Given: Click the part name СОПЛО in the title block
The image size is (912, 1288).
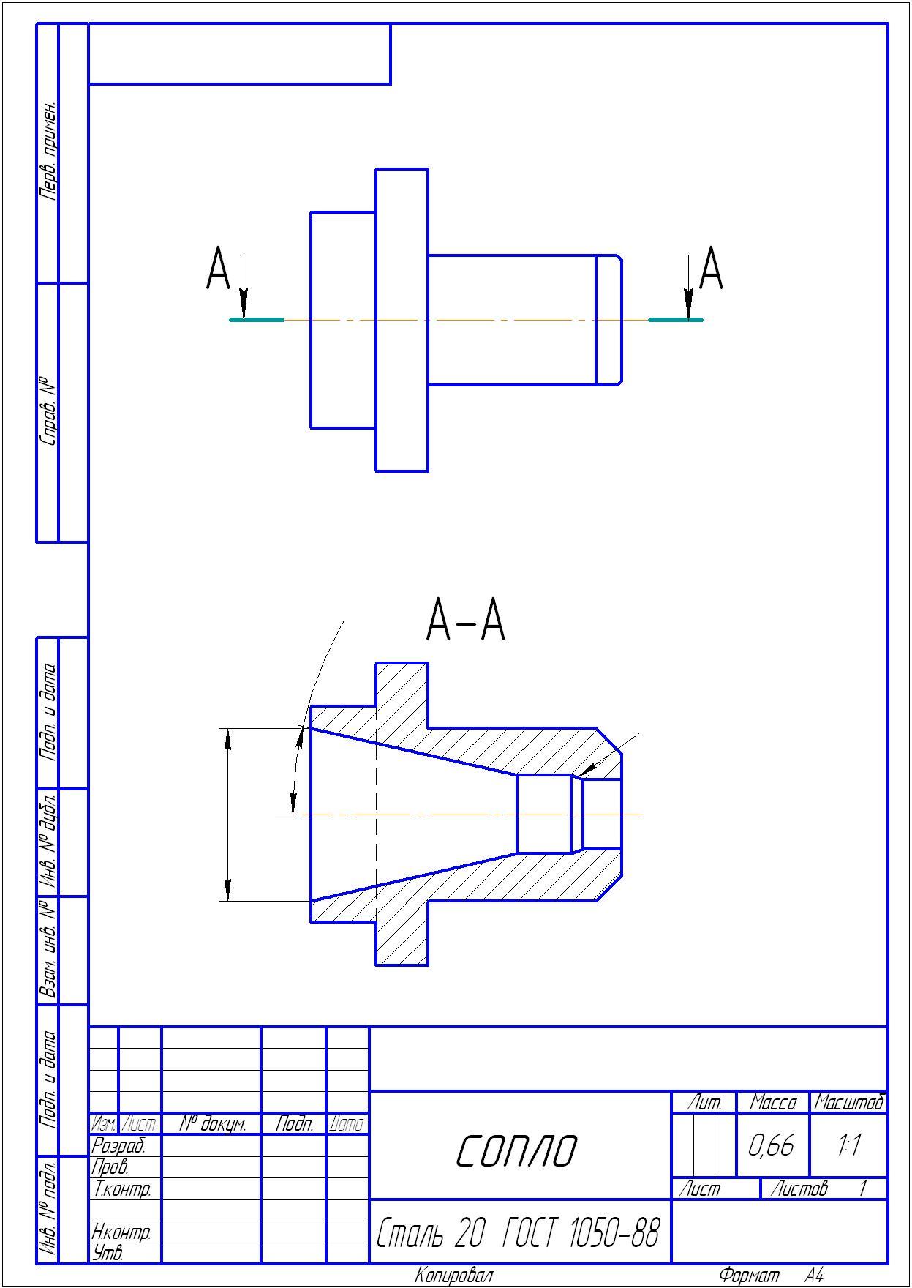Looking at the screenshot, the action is pyautogui.click(x=516, y=1150).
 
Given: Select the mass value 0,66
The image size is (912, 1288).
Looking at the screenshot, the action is pyautogui.click(x=772, y=1145).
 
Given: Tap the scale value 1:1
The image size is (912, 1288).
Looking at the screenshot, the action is pyautogui.click(x=848, y=1145).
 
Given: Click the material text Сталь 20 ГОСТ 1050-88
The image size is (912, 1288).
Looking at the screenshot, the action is pyautogui.click(x=518, y=1232).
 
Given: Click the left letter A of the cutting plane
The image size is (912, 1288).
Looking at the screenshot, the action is pyautogui.click(x=218, y=269).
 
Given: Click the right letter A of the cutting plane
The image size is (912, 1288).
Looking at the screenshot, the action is pyautogui.click(x=711, y=269).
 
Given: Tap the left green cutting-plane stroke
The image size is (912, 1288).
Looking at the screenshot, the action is pyautogui.click(x=257, y=320).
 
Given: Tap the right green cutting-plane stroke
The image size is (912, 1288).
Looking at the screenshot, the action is pyautogui.click(x=676, y=320).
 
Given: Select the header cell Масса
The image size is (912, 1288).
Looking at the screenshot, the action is pyautogui.click(x=772, y=1102).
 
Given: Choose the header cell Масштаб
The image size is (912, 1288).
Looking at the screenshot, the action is pyautogui.click(x=849, y=1102).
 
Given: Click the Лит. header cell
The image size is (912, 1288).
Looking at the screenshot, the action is pyautogui.click(x=704, y=1102).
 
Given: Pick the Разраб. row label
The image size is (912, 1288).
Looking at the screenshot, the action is pyautogui.click(x=118, y=1145).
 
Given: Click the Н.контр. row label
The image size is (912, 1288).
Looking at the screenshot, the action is pyautogui.click(x=121, y=1232).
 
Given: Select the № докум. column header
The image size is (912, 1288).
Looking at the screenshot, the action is pyautogui.click(x=212, y=1123).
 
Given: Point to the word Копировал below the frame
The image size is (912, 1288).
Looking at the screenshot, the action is pyautogui.click(x=454, y=1276).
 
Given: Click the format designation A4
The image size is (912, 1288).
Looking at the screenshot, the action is pyautogui.click(x=814, y=1276).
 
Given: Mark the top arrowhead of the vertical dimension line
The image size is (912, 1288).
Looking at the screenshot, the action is pyautogui.click(x=227, y=740).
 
